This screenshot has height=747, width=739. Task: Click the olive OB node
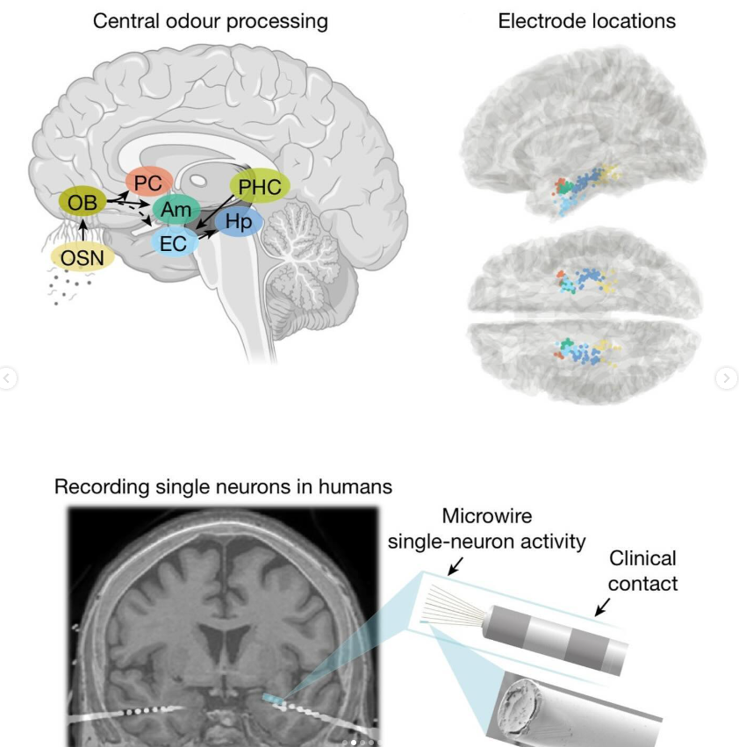(83, 203)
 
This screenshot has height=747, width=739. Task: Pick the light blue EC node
(173, 243)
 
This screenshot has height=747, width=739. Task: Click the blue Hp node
(238, 222)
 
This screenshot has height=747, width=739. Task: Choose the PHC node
(260, 186)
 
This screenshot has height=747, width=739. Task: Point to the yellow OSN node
(82, 258)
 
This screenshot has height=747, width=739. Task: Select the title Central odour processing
(211, 20)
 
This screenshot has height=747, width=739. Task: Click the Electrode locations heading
(587, 20)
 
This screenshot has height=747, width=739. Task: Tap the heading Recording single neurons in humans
(223, 485)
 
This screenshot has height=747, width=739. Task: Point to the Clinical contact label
(642, 571)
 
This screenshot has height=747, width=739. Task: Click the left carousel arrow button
(8, 378)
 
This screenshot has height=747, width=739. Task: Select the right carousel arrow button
(727, 378)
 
